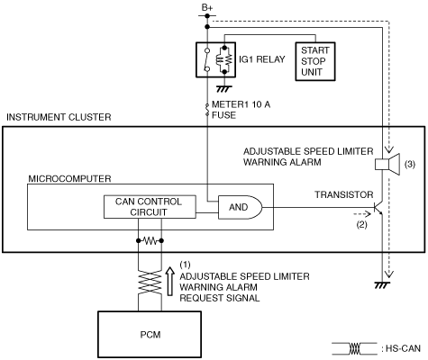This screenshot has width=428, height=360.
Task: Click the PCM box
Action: click(x=150, y=334)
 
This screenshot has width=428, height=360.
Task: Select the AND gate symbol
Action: click(x=240, y=207)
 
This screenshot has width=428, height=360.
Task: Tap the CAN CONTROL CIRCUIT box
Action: click(x=150, y=207)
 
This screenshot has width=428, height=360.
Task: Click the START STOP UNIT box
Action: click(x=315, y=61)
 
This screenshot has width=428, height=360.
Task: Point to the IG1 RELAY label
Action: click(x=262, y=59)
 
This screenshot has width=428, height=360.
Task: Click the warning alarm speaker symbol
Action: click(x=387, y=164)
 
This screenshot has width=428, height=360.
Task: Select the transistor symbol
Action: click(x=378, y=207)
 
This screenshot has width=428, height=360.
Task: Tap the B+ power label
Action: click(x=207, y=8)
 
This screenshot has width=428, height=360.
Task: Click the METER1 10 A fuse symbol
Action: click(x=207, y=110)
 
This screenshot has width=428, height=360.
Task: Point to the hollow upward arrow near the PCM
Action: click(x=170, y=282)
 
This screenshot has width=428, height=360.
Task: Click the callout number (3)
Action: click(x=410, y=164)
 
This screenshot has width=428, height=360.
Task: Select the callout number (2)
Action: click(x=361, y=224)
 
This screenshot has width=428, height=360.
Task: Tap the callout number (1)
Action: click(x=185, y=265)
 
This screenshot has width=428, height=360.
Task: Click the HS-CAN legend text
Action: click(x=403, y=348)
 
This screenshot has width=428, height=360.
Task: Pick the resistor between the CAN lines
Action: click(x=150, y=240)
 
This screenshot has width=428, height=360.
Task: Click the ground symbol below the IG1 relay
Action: click(x=224, y=89)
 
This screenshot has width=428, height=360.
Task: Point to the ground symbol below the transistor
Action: click(x=382, y=285)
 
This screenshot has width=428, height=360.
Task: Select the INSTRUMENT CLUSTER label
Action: click(x=59, y=117)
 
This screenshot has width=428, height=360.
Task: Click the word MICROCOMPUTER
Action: click(x=69, y=179)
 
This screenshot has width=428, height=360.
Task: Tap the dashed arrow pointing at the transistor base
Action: click(x=362, y=214)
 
